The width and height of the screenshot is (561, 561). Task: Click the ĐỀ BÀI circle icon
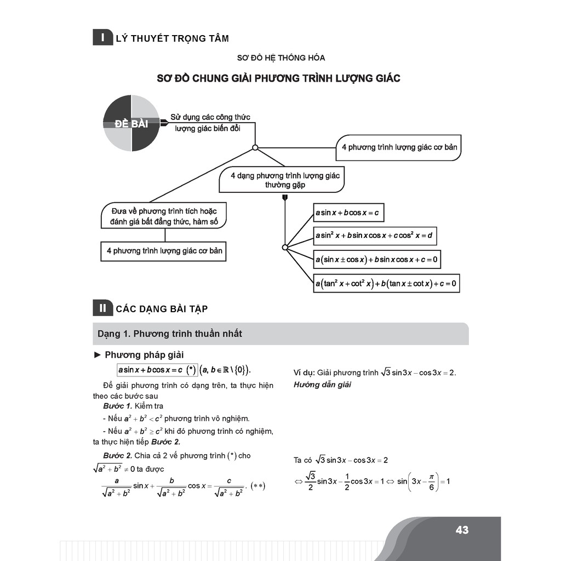pyautogui.click(x=131, y=123)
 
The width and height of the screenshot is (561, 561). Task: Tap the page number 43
pyautogui.click(x=462, y=530)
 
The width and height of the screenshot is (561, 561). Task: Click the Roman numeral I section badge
pyautogui.click(x=102, y=38)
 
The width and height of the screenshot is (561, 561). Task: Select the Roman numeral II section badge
pyautogui.click(x=102, y=308)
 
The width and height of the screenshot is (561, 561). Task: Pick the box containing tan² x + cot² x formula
pyautogui.click(x=386, y=284)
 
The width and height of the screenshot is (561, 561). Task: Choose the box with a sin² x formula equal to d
pyautogui.click(x=375, y=236)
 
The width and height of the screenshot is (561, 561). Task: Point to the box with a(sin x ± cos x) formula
pyautogui.click(x=377, y=259)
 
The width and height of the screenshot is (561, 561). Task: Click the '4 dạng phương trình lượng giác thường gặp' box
pyautogui.click(x=285, y=180)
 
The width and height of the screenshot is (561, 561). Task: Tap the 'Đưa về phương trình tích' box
pyautogui.click(x=164, y=216)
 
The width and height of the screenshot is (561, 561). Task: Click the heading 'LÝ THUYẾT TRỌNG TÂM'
pyautogui.click(x=172, y=38)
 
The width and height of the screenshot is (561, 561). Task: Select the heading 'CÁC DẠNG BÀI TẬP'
pyautogui.click(x=162, y=309)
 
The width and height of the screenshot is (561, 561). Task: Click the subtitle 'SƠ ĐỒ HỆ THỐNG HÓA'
pyautogui.click(x=280, y=58)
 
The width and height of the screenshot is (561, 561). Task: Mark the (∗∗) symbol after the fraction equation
pyautogui.click(x=257, y=485)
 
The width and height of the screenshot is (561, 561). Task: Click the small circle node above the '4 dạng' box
pyautogui.click(x=255, y=147)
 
